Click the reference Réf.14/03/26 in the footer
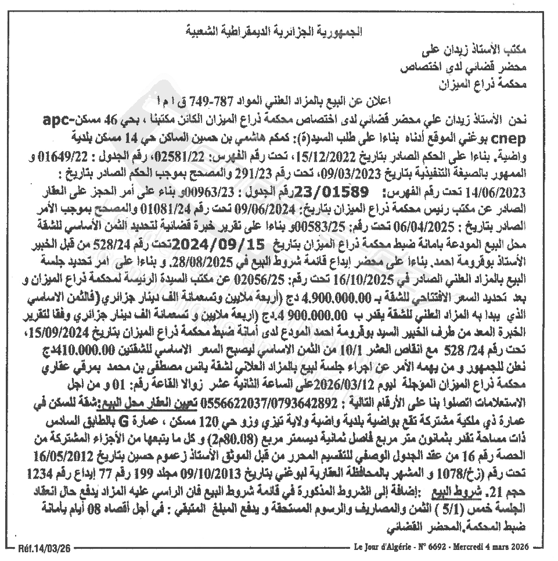pyautogui.click(x=45, y=547)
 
